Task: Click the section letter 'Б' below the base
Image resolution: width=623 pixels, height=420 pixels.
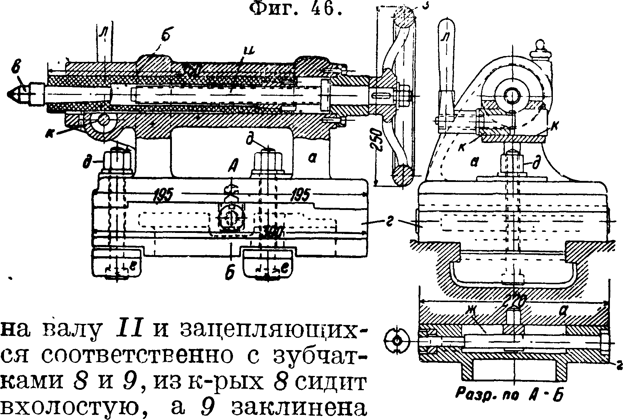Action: click(x=229, y=273)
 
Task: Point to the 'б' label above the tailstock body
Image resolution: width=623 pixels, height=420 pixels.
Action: click(x=165, y=38)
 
